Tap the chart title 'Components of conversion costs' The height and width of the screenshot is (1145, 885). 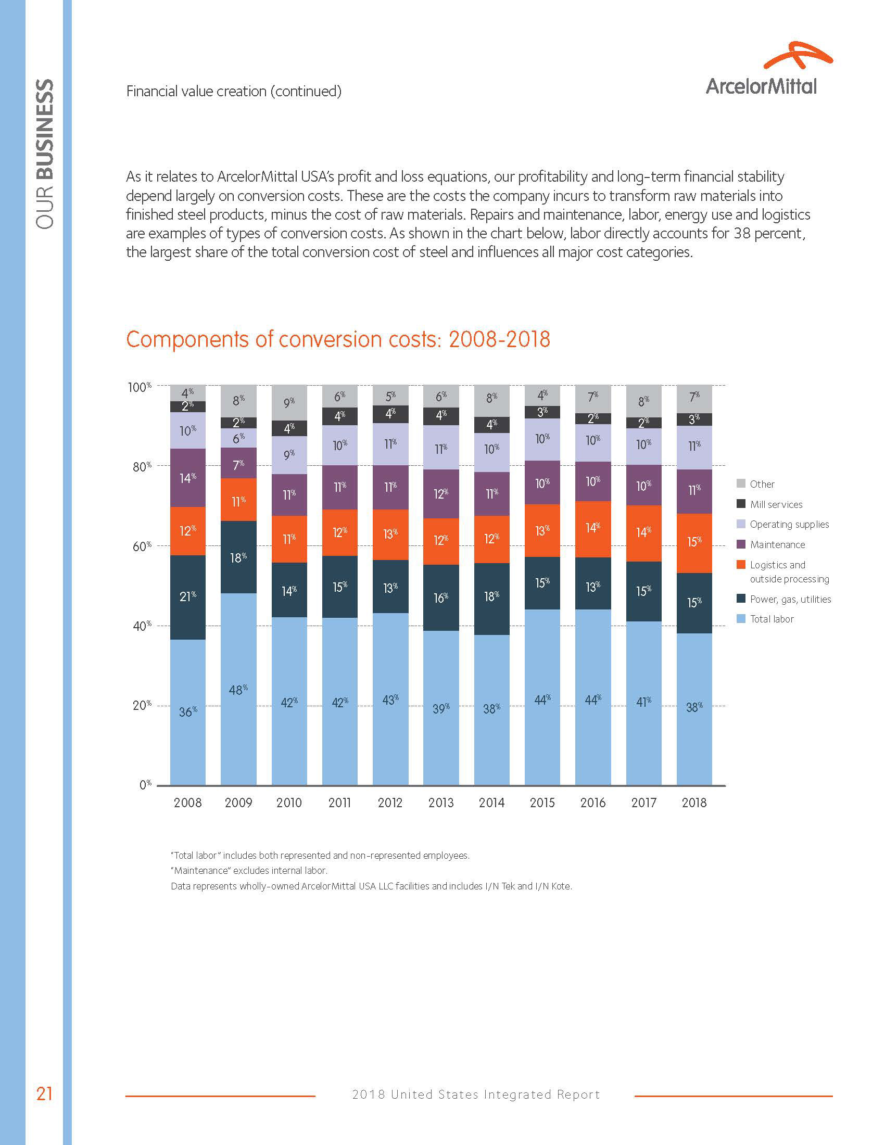pos(338,339)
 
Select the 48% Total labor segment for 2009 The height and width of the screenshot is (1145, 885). pos(238,689)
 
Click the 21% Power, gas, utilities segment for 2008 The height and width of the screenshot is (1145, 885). pos(188,596)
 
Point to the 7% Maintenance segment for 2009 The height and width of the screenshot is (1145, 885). pos(238,463)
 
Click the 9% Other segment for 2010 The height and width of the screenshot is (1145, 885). pos(289,403)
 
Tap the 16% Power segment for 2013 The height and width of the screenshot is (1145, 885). pos(441,597)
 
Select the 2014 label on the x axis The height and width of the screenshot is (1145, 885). pos(491,803)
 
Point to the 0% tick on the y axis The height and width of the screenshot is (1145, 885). pos(145,785)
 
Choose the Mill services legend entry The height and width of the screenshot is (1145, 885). pos(776,504)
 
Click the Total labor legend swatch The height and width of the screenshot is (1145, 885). pos(741,619)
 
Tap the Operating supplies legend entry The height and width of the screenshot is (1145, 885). pos(789,524)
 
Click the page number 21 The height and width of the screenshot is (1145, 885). pos(44,1093)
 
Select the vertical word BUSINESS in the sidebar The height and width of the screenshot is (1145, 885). pos(45,129)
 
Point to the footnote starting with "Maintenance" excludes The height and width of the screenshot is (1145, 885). pos(249,871)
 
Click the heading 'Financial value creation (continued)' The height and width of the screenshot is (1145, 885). pos(234,91)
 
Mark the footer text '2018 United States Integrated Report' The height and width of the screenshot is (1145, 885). pos(475,1095)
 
